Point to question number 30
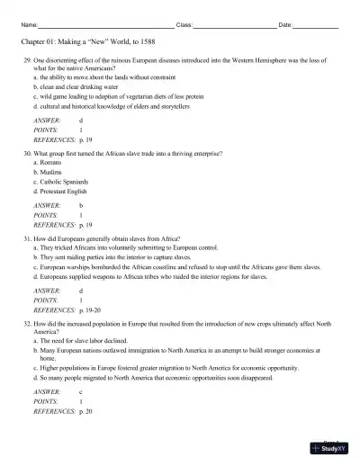(27, 155)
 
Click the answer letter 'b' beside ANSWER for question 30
(81, 206)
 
